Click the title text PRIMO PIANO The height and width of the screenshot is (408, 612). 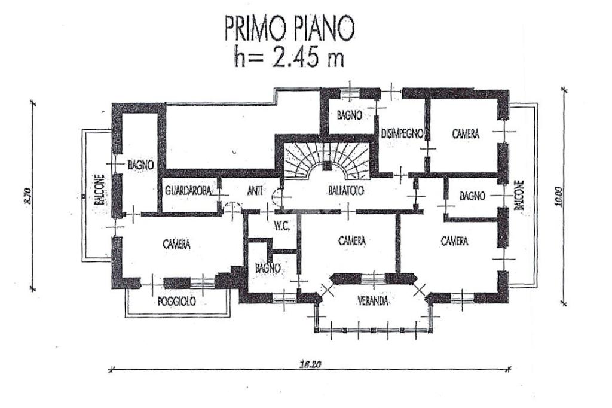coord(289,28)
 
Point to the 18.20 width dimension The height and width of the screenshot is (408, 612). coord(308,364)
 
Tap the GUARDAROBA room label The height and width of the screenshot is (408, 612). coord(188,191)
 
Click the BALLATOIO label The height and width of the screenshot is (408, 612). coord(347,191)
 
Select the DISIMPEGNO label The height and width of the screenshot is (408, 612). coord(402,133)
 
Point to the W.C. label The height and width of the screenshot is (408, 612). coord(281,226)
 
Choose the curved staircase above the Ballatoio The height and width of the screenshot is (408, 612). coord(327,161)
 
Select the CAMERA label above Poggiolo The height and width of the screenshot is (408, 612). coord(176,244)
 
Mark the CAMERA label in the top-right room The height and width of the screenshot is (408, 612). coord(465,135)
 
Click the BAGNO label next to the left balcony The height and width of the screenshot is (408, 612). coord(141,163)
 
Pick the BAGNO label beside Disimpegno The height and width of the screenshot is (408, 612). coord(350,115)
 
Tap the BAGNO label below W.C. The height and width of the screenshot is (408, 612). coord(267,269)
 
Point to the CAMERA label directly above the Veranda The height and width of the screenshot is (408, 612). coord(351,240)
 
